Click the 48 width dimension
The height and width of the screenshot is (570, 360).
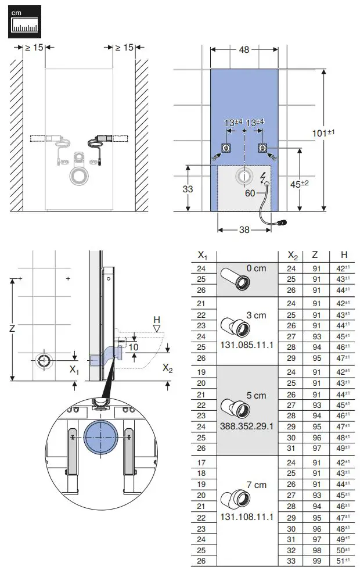tap(244, 50)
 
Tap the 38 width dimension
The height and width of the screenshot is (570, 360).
tap(244, 230)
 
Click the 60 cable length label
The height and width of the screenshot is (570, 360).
tap(250, 193)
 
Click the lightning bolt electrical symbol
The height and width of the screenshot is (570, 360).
tap(265, 176)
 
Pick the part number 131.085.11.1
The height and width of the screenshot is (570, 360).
tap(247, 345)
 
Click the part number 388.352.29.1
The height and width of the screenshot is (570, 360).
tap(247, 425)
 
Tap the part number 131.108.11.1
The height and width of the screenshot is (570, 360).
tap(247, 517)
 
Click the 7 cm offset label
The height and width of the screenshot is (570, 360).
tap(255, 485)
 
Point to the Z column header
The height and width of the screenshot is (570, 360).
tap(315, 254)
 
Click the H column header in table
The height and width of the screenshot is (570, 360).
tap(344, 254)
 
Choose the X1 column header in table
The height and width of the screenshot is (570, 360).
tap(202, 254)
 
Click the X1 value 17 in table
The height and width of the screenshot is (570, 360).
tap(202, 463)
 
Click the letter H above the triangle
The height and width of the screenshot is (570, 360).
tap(156, 320)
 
